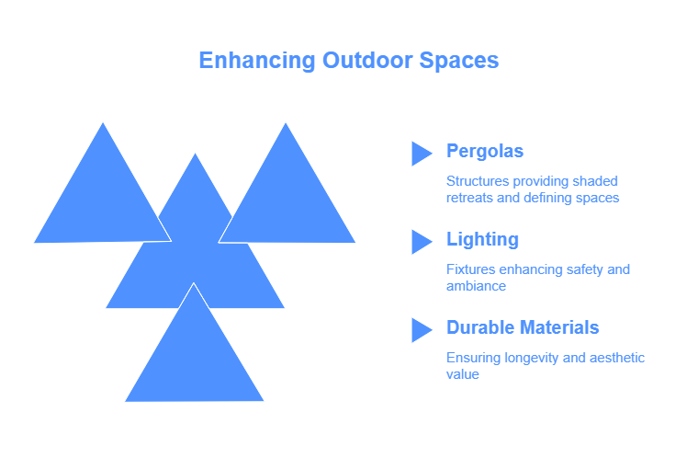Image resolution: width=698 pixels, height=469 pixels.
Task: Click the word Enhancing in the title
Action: click(x=257, y=61)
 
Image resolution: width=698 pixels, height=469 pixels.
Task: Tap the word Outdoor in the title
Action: click(x=367, y=60)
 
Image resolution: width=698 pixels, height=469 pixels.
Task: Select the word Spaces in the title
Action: click(x=459, y=61)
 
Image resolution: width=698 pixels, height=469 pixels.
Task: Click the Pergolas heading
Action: click(x=485, y=152)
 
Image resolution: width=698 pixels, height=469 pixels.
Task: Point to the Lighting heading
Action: click(x=482, y=240)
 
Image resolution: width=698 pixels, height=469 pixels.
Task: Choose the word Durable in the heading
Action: click(x=480, y=327)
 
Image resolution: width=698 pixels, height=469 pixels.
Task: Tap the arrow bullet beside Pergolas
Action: click(x=422, y=154)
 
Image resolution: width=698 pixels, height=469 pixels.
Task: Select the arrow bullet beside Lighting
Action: click(x=422, y=242)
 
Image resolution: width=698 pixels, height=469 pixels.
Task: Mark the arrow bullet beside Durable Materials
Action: click(x=422, y=330)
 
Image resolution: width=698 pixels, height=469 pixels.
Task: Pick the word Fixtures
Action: click(x=471, y=269)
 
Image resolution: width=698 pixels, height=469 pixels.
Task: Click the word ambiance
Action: click(x=476, y=286)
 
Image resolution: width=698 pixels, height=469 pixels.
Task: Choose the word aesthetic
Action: click(x=616, y=358)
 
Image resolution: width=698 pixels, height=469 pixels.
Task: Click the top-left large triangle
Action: click(x=103, y=200)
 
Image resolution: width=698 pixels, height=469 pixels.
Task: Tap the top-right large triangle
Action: click(x=287, y=200)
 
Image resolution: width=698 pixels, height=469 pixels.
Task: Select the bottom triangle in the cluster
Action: click(x=194, y=357)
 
